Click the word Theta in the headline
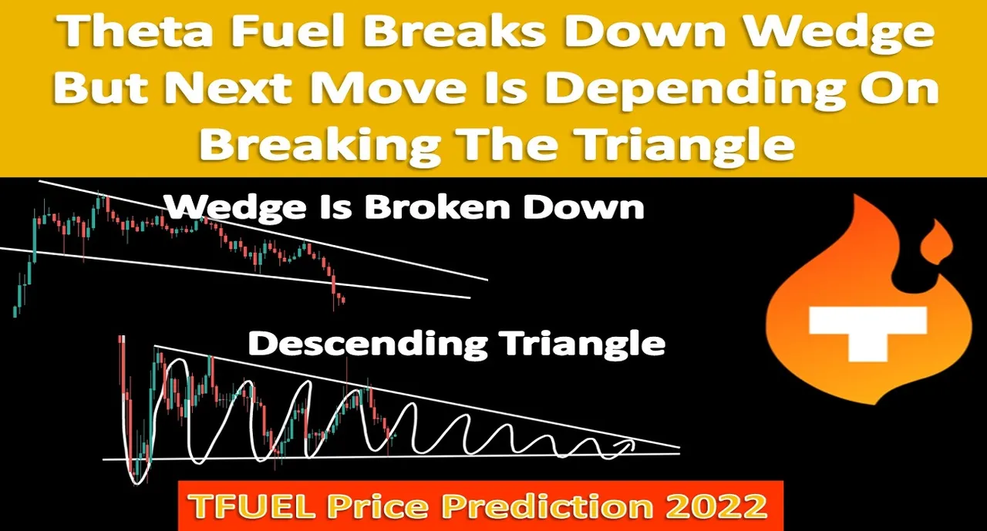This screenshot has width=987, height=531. pyautogui.click(x=127, y=32)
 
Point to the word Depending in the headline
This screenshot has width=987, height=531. pyautogui.click(x=673, y=92)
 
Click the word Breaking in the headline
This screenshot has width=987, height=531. pyautogui.click(x=320, y=146)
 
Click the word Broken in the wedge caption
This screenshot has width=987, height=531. pyautogui.click(x=436, y=207)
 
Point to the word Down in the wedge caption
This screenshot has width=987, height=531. pyautogui.click(x=584, y=207)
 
